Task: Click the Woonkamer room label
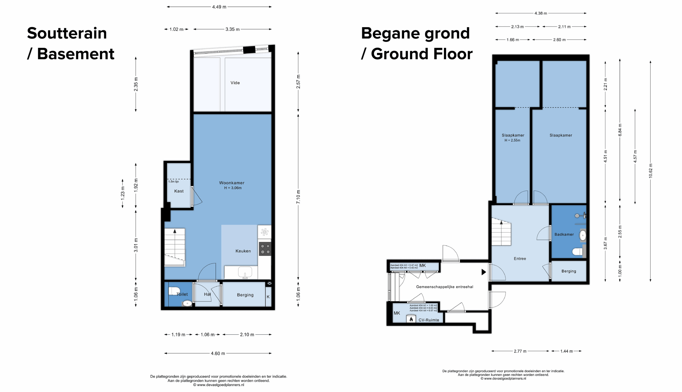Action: coord(232,183)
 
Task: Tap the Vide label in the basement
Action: coord(235,83)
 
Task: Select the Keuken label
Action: coord(243,251)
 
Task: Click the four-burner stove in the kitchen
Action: coord(265,249)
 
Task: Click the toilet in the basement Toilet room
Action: coord(174,291)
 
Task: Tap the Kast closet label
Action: coord(179,191)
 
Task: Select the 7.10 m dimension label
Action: coord(298,197)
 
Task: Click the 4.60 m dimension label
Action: coord(218,353)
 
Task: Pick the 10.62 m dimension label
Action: coord(651,171)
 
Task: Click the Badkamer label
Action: coord(564,234)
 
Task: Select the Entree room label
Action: coord(520,258)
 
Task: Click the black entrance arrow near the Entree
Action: coord(484,272)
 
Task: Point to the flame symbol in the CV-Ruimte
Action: coord(411,319)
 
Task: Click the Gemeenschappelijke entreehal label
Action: coord(445,287)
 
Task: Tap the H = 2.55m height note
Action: coord(513,140)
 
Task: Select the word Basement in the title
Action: coord(76,54)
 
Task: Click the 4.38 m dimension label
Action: coord(541,13)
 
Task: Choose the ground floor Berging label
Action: coord(569,271)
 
